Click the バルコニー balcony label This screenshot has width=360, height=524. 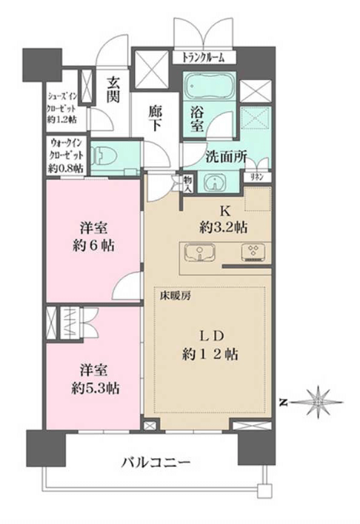(x=156, y=463)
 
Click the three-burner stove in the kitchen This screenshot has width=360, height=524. (x=253, y=252)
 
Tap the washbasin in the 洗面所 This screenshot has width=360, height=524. (x=213, y=182)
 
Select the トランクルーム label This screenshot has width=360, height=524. (x=203, y=58)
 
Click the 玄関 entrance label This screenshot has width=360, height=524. (x=113, y=90)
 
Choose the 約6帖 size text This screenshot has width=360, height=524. (x=93, y=246)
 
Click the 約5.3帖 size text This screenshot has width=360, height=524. (x=95, y=389)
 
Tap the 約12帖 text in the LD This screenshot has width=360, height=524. (x=210, y=354)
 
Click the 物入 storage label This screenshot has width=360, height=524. (x=187, y=184)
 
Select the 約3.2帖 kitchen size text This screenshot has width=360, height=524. (x=224, y=228)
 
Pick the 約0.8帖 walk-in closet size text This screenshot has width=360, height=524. (x=66, y=169)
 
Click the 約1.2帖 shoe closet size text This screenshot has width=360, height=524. (x=62, y=120)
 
